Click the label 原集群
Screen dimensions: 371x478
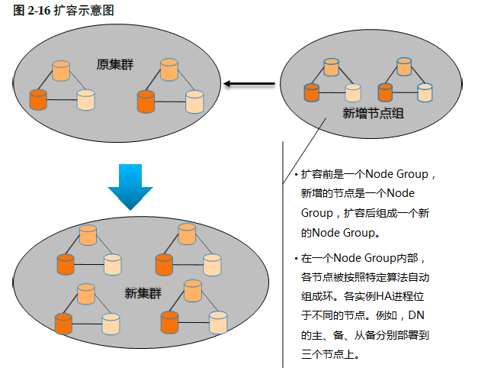click(x=115, y=64)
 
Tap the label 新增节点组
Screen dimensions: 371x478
click(x=374, y=113)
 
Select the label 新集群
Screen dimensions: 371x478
click(x=143, y=293)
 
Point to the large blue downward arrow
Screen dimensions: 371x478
click(x=130, y=186)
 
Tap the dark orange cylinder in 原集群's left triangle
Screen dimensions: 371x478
click(x=37, y=98)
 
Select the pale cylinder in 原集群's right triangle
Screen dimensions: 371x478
click(x=195, y=102)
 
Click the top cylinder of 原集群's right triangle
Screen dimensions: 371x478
click(x=170, y=69)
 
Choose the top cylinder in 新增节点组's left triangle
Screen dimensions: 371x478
click(x=331, y=66)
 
